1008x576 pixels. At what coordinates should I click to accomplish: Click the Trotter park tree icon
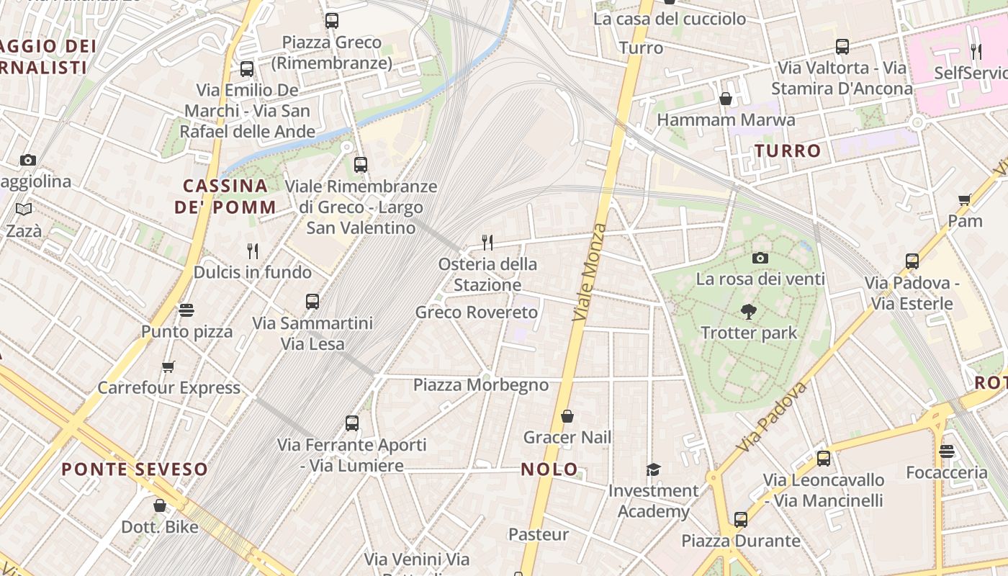[749, 312]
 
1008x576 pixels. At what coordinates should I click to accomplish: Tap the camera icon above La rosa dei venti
[760, 258]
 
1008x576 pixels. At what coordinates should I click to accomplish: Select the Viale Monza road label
[589, 272]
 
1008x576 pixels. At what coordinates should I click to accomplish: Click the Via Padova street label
[772, 418]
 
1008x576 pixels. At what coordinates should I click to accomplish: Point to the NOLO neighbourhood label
[549, 469]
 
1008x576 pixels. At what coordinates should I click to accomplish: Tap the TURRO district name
[788, 150]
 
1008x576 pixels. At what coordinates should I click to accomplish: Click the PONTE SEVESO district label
[135, 469]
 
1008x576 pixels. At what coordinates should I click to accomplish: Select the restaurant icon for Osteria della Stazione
[487, 242]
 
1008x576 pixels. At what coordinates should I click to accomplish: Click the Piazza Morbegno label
[481, 384]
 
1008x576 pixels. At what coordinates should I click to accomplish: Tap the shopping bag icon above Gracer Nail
[567, 416]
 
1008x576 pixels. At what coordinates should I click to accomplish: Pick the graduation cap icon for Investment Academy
[653, 469]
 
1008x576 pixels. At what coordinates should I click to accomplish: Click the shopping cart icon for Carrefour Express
[168, 366]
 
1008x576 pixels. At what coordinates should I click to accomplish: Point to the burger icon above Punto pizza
[186, 310]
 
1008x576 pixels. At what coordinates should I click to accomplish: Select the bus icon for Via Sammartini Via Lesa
[312, 302]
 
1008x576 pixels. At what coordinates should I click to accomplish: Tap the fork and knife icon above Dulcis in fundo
[253, 251]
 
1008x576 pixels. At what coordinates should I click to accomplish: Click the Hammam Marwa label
[726, 120]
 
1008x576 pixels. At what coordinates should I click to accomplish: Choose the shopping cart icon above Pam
[965, 199]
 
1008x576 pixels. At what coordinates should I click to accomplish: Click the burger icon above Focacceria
[947, 451]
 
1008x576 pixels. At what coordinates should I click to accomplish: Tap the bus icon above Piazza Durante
[741, 519]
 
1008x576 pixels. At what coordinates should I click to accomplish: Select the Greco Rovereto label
[477, 312]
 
